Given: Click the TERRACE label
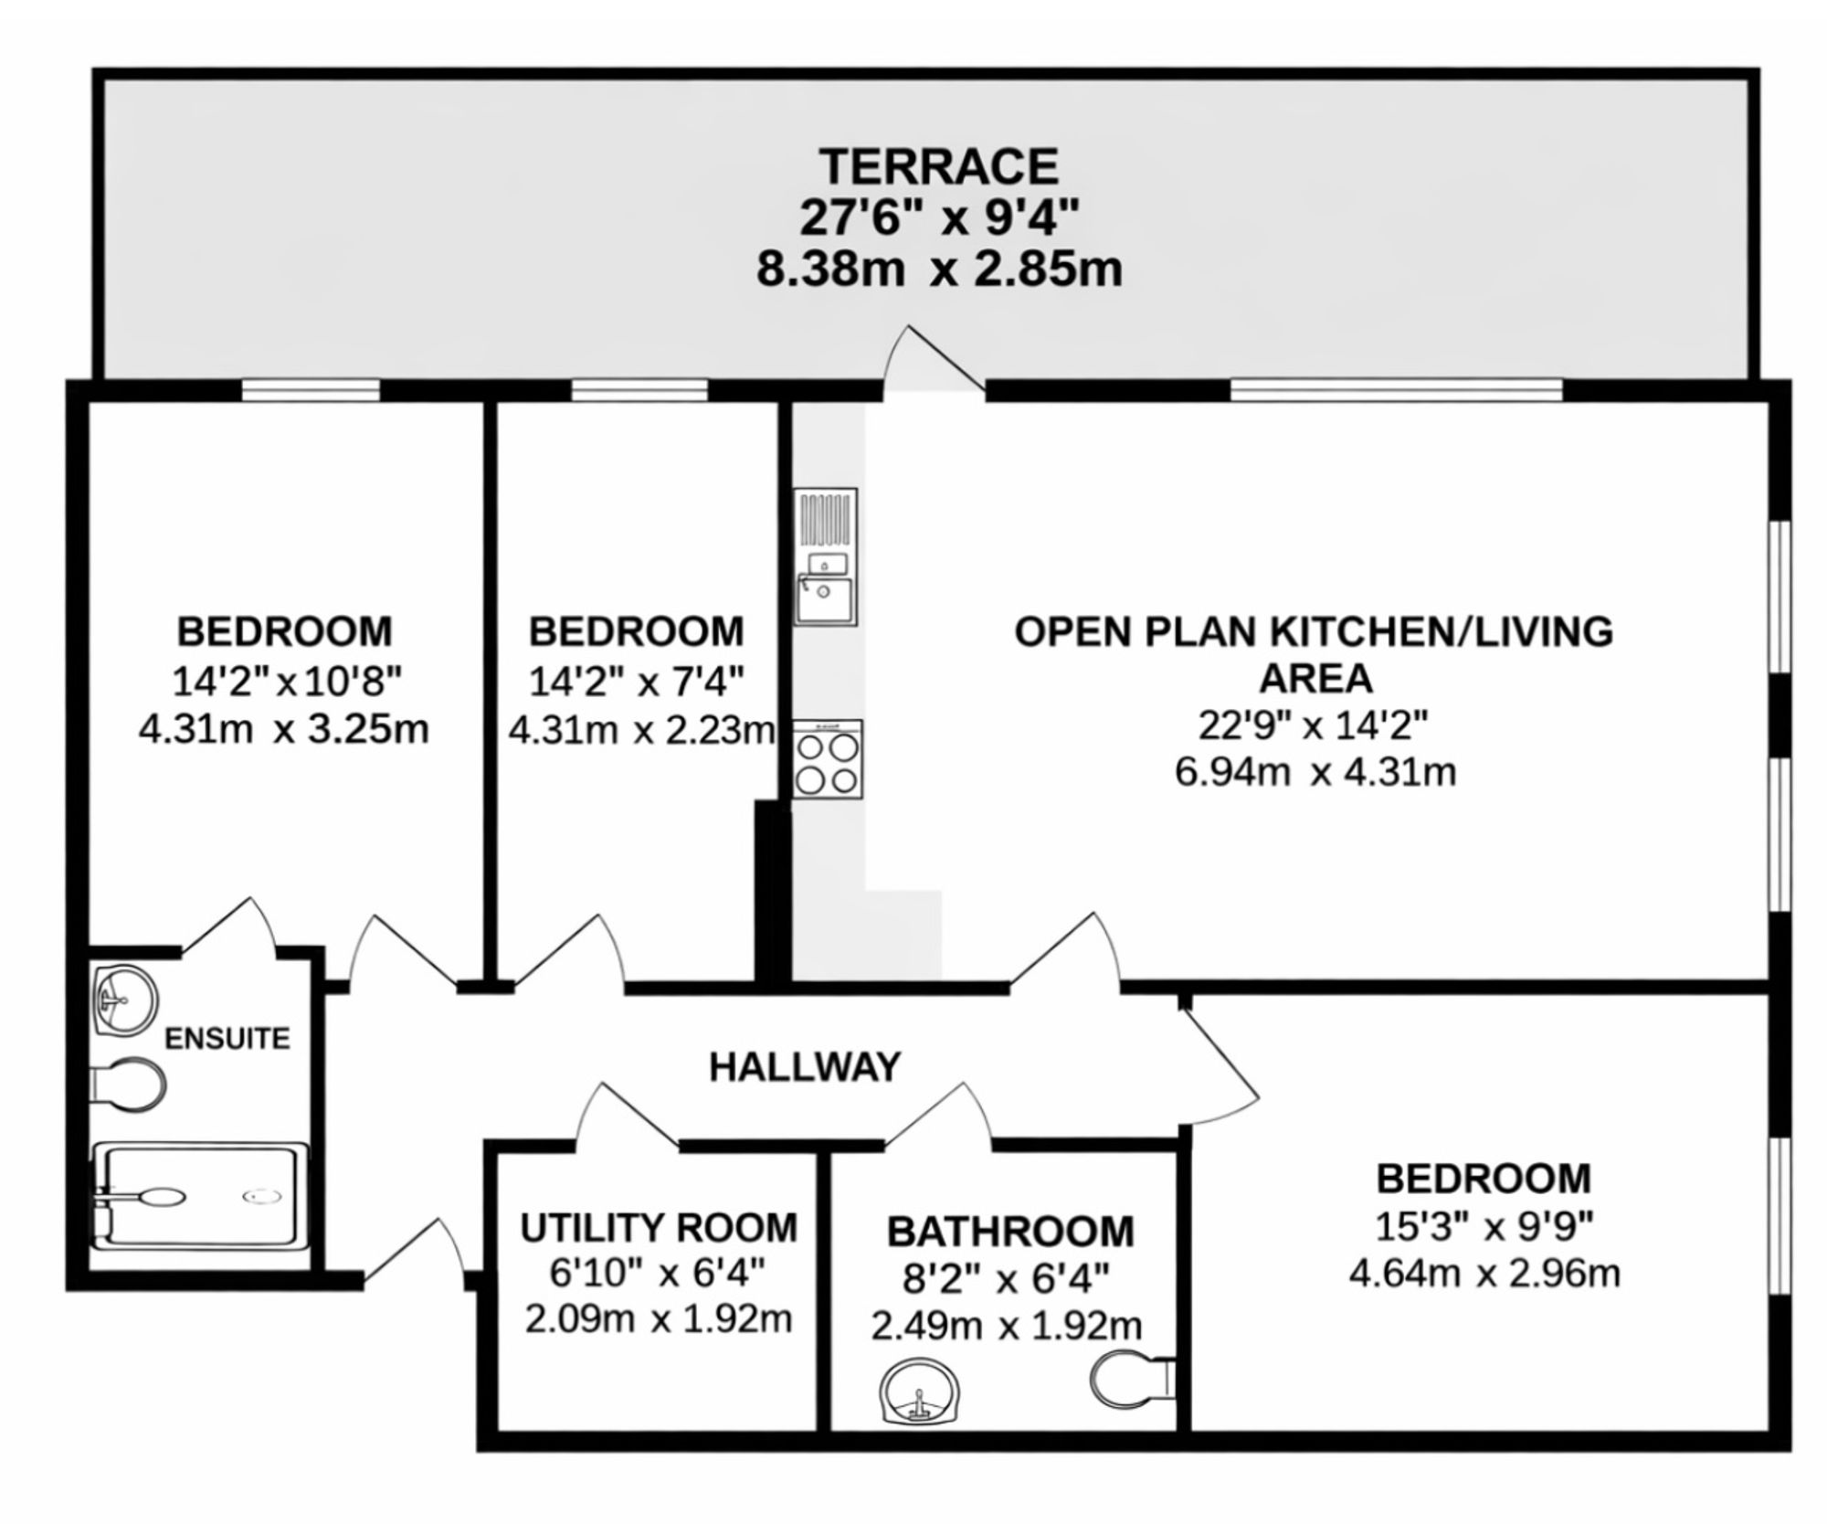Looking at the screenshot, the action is point(938,167).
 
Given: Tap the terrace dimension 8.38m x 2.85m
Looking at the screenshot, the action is point(939,270).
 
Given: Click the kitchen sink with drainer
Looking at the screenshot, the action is point(825,556).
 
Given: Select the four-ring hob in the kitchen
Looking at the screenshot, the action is point(827,759).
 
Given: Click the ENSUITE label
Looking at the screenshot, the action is point(227,1039).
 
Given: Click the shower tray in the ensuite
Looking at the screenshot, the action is point(200,1196).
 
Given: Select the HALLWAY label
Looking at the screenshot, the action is point(805,1066).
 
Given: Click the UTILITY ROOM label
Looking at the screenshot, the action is point(659,1228).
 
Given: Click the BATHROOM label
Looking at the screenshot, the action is point(1010,1232).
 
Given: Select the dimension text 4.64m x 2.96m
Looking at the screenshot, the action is point(1484,1273).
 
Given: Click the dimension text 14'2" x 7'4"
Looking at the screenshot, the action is point(637,681).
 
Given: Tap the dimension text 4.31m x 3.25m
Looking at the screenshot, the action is point(284,729).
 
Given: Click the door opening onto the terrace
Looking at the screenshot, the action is point(931,359).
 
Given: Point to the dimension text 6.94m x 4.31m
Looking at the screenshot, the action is point(1315,772).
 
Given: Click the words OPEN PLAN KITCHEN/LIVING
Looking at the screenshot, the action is point(1315,632).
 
